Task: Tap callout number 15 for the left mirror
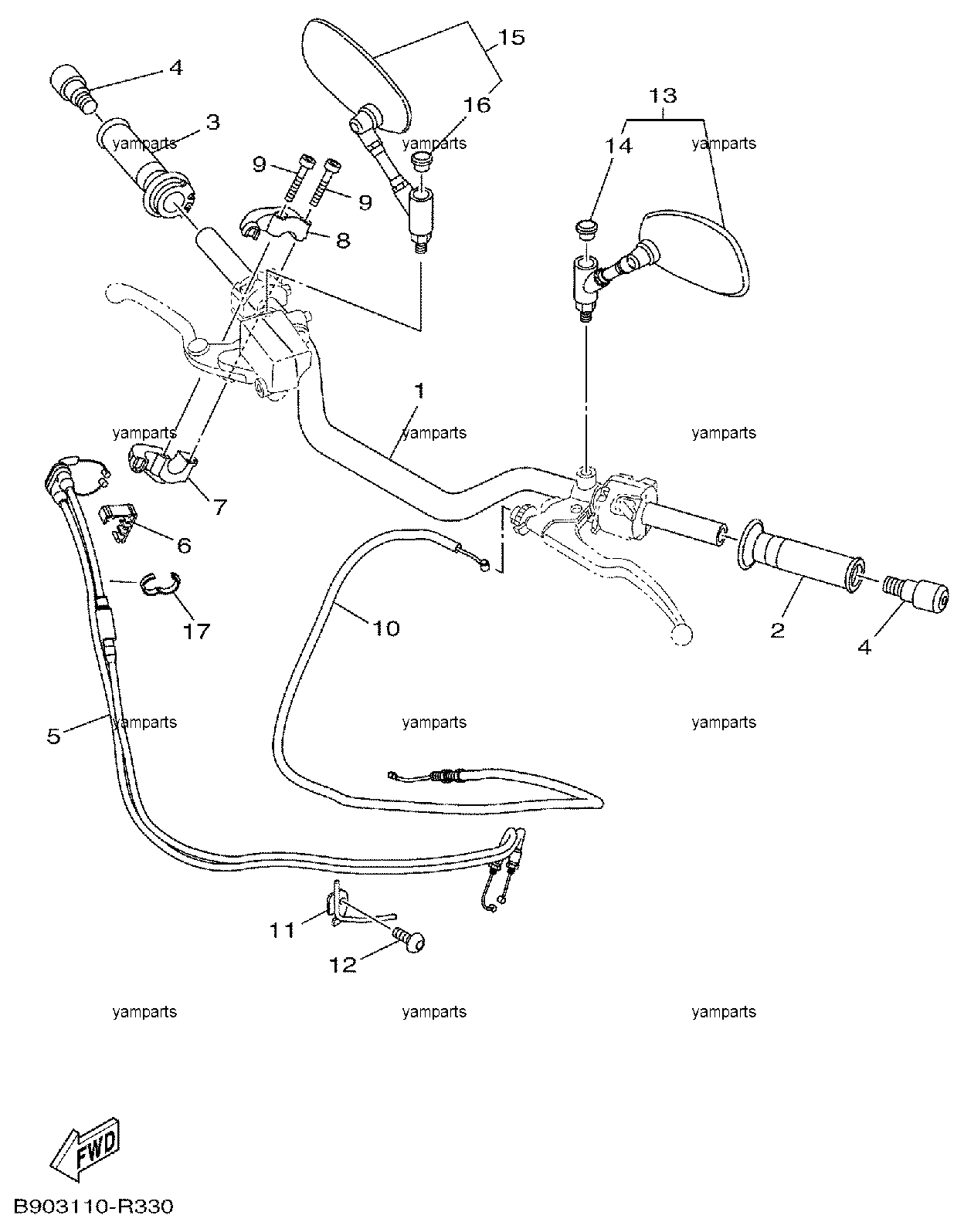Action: coord(511,38)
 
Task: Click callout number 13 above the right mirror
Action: coord(663,95)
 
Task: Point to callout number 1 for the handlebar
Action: coord(419,391)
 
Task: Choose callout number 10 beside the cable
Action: coord(387,629)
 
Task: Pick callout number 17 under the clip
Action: coord(196,631)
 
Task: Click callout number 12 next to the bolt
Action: coord(343,965)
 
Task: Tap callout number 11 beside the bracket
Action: coord(282,930)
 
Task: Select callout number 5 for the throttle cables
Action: coord(53,738)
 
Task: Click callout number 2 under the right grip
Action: coord(777,630)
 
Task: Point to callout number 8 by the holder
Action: coord(343,240)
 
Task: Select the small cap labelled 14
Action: coord(585,229)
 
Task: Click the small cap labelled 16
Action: coord(420,161)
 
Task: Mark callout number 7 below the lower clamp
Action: coord(219,507)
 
